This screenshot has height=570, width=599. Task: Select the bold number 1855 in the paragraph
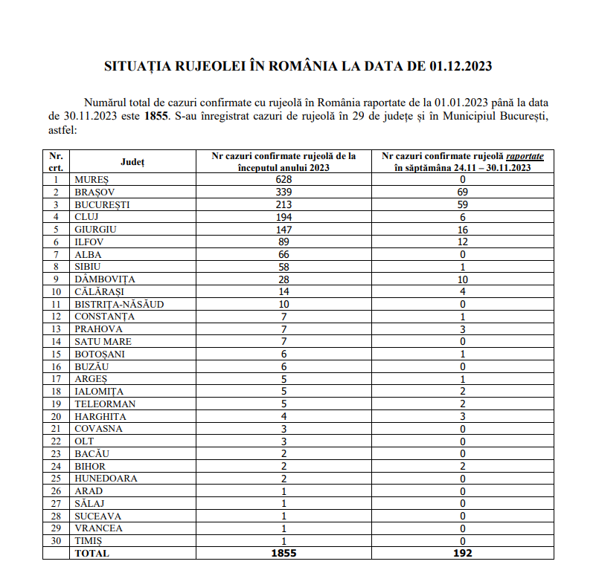pyautogui.click(x=156, y=116)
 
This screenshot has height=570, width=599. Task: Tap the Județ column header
pyautogui.click(x=132, y=161)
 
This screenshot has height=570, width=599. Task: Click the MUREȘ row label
pyautogui.click(x=92, y=180)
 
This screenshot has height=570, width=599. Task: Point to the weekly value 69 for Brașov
pyautogui.click(x=462, y=192)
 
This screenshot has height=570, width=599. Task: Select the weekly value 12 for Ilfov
pyautogui.click(x=462, y=242)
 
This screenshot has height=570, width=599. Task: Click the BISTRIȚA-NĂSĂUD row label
pyautogui.click(x=118, y=305)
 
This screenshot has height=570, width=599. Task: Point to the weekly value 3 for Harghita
pyautogui.click(x=462, y=416)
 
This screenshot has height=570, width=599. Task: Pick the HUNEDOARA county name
pyautogui.click(x=106, y=479)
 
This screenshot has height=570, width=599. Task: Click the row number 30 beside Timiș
pyautogui.click(x=56, y=541)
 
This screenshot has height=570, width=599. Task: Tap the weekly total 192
pyautogui.click(x=462, y=553)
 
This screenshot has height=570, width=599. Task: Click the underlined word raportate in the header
pyautogui.click(x=525, y=156)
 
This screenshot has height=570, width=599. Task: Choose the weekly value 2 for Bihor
pyautogui.click(x=462, y=466)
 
